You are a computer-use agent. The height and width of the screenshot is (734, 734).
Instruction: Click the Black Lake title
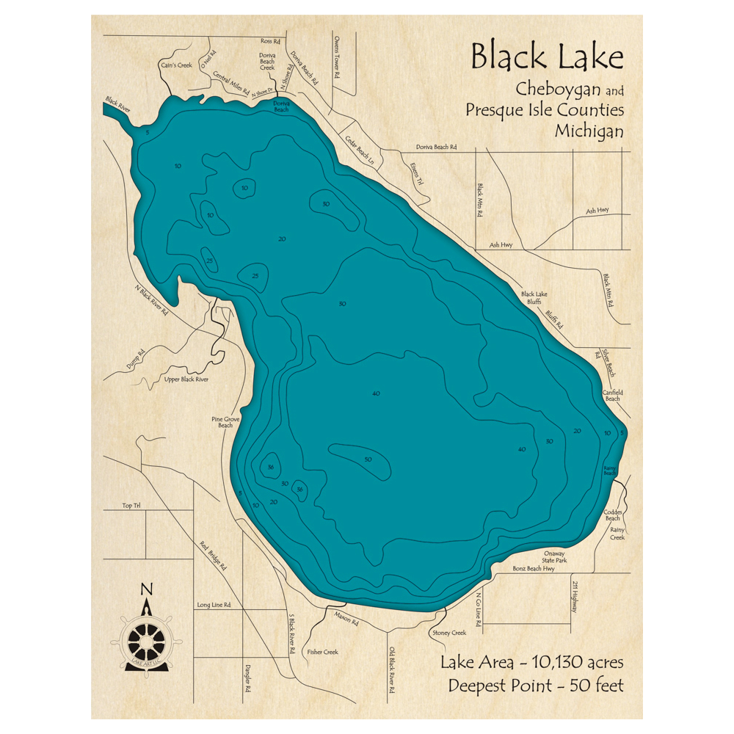(547, 57)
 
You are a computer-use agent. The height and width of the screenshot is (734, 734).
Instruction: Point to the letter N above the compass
(146, 589)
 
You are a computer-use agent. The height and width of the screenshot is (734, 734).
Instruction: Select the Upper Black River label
(186, 379)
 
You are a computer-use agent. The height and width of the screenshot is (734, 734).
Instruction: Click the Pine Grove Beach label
(225, 422)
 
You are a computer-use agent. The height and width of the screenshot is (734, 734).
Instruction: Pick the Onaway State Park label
(555, 556)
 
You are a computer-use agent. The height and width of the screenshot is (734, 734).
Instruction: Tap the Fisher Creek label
(323, 652)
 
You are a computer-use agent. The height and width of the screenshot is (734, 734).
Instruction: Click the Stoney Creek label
(448, 633)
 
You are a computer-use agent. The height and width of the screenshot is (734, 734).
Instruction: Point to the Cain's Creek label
(175, 65)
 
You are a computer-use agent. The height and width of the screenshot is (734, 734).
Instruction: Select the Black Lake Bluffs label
(534, 298)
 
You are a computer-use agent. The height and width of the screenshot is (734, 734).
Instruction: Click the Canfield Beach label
(613, 395)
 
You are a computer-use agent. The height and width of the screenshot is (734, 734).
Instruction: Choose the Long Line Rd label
(214, 606)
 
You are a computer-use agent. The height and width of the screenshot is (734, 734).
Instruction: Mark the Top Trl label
(131, 506)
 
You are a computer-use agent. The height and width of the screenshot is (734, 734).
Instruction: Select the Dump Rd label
(136, 357)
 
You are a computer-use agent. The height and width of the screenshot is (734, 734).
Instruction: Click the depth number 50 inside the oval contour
(368, 459)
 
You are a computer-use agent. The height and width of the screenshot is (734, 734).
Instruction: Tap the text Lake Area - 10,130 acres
(532, 663)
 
